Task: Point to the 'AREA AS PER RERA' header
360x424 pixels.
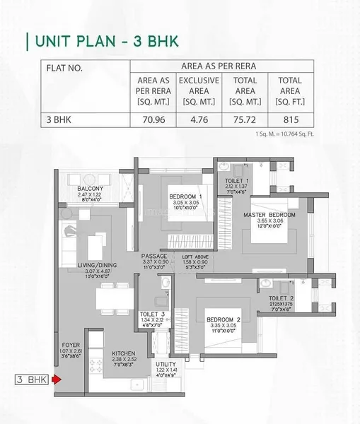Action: click(221, 66)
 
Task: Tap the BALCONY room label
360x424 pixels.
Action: click(91, 188)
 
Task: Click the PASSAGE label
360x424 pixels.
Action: click(154, 256)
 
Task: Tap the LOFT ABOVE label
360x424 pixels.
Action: click(194, 256)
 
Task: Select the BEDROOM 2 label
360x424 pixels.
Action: click(224, 320)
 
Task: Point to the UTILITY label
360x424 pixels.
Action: click(166, 364)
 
